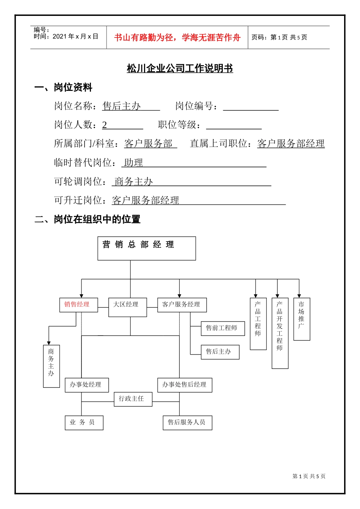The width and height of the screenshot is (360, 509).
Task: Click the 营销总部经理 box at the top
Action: point(147,248)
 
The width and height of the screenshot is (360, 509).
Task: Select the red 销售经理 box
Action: point(78,305)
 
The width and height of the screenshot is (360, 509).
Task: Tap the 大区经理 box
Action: point(127,307)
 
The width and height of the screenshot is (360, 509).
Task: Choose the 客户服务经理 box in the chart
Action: point(182,305)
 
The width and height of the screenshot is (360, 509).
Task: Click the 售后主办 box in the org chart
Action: point(220,352)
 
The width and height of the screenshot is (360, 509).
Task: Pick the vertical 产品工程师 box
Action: point(258,324)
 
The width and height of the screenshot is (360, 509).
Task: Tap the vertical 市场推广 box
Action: point(302,319)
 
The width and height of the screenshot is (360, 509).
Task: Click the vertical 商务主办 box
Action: point(52,366)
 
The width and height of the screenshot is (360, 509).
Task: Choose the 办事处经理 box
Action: point(87,385)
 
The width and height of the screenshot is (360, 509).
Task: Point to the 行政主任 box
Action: point(133,399)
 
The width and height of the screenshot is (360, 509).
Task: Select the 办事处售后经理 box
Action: point(185,385)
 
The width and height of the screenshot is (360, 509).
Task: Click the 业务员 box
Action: point(84,423)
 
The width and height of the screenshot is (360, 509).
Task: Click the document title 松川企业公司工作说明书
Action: point(180,69)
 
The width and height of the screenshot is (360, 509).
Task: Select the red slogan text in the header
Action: point(177,37)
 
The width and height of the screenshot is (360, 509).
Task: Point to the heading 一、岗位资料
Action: point(63,87)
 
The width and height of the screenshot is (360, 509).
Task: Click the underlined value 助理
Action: point(133,163)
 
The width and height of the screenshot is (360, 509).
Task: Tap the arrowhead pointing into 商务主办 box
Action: point(49,343)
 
